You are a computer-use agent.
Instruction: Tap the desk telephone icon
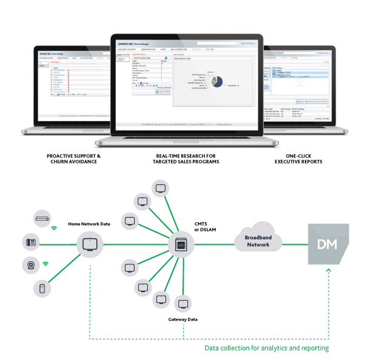[30, 242]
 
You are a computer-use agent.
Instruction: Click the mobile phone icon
[42, 289]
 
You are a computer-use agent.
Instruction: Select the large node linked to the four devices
[88, 245]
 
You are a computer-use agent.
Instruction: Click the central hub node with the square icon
[180, 245]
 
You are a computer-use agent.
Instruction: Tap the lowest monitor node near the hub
[181, 303]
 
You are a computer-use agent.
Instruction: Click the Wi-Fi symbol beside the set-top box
[53, 228]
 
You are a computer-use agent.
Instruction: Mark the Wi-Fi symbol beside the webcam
[45, 264]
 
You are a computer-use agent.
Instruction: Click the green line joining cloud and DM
[295, 245]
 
